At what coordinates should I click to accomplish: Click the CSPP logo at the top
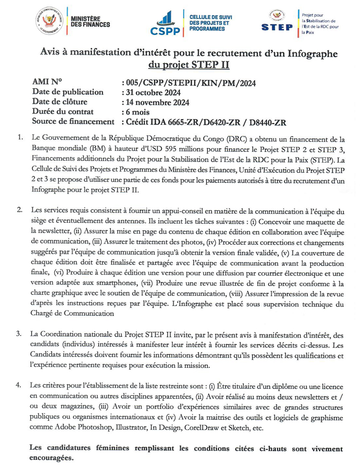pyautogui.click(x=166, y=24)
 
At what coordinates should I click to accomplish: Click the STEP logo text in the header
pyautogui.click(x=277, y=27)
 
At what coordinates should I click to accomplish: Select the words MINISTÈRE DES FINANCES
pyautogui.click(x=90, y=21)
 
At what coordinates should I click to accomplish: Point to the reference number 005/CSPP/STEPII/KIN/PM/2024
pyautogui.click(x=188, y=83)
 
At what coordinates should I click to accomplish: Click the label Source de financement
pyautogui.click(x=72, y=122)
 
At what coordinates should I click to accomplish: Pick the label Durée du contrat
pyautogui.click(x=63, y=112)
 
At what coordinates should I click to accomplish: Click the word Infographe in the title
pyautogui.click(x=310, y=53)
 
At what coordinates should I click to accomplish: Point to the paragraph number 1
pyautogui.click(x=19, y=138)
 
